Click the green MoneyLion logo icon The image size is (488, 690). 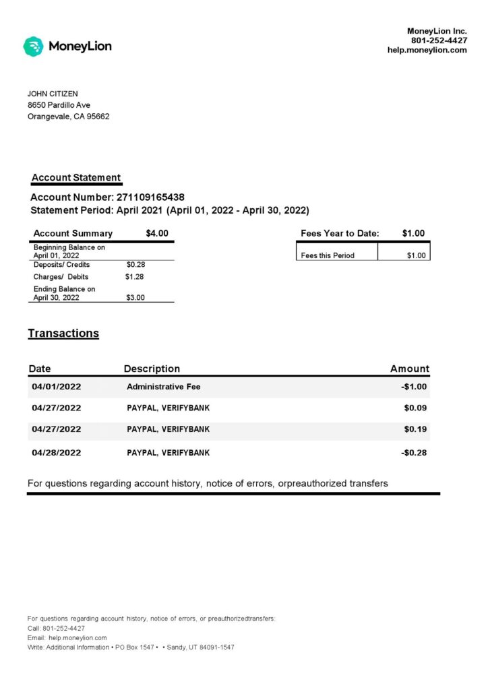point(33,46)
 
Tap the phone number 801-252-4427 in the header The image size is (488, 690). point(439,40)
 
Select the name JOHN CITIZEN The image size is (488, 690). point(53,94)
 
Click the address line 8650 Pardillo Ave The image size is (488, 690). point(59,105)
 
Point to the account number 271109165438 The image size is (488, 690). point(150,197)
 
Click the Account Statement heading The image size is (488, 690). point(76,178)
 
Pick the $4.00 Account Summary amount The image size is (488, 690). point(157,233)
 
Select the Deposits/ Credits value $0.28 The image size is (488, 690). point(135,265)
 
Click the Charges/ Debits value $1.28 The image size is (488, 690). point(135,277)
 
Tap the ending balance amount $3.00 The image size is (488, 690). point(135,297)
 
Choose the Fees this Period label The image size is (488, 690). point(328,255)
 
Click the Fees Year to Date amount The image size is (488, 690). point(413,233)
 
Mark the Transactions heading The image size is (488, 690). point(63,334)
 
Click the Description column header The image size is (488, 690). point(152,369)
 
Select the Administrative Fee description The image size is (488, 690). point(164,387)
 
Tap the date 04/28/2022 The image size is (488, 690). point(56,453)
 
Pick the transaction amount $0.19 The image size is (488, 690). point(415,429)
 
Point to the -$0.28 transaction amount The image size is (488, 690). point(414,453)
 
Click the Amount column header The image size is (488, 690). point(409,369)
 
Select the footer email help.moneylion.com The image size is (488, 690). point(78,637)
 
